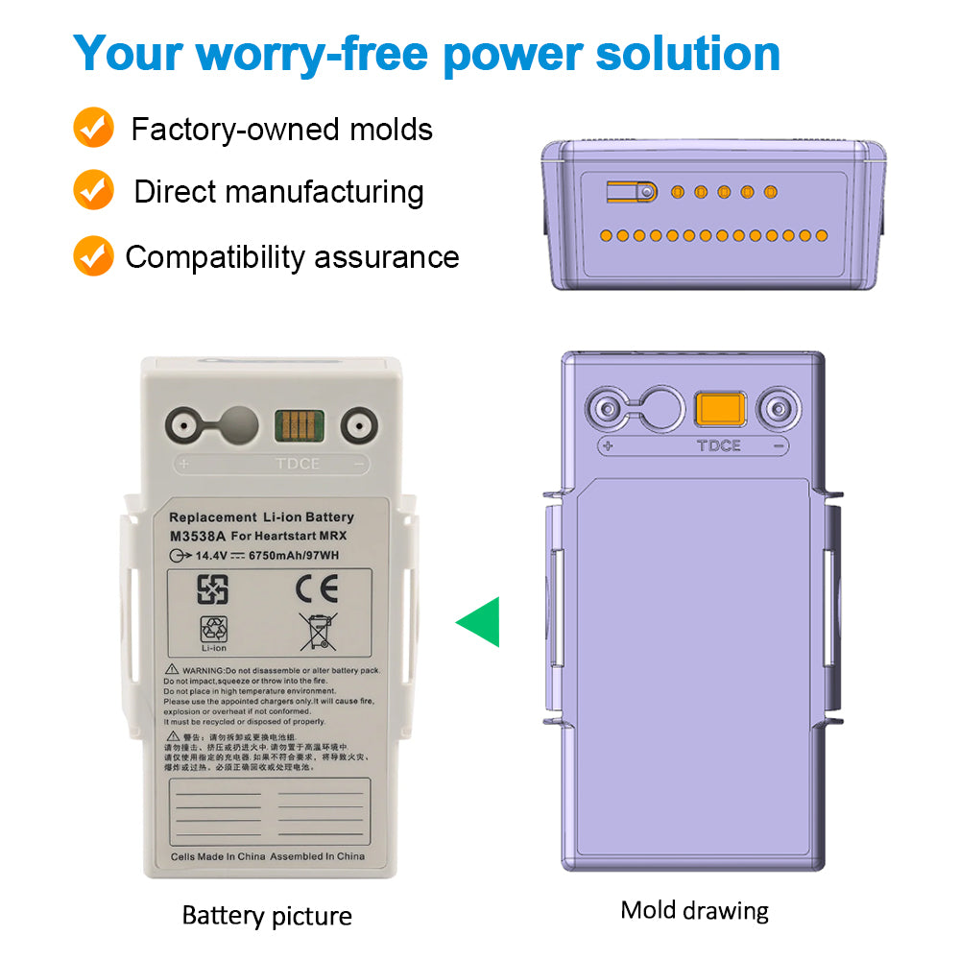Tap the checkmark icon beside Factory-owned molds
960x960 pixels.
[x=93, y=129]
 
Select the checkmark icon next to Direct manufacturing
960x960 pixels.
[x=93, y=191]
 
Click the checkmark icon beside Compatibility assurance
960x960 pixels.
[x=93, y=256]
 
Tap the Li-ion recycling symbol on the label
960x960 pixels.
[x=213, y=632]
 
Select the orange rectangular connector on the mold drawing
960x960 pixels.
[x=720, y=409]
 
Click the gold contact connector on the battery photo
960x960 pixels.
[x=299, y=422]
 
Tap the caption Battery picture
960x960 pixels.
[x=267, y=915]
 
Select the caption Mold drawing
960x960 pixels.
[x=694, y=909]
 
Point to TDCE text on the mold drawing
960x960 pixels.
[x=719, y=445]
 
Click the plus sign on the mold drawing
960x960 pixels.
[x=608, y=445]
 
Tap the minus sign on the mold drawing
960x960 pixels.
[x=779, y=445]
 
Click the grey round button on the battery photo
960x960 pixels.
[x=240, y=423]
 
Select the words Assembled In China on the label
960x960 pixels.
[x=317, y=855]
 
